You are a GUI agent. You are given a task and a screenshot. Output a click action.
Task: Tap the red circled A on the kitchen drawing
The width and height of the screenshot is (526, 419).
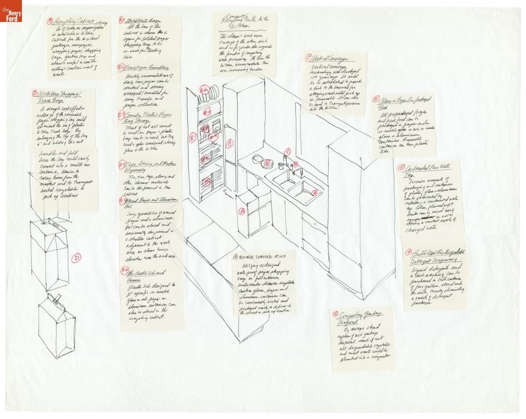tap(241, 211)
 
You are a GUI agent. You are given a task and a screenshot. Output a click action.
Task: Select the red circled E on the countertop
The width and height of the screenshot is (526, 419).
tap(266, 163)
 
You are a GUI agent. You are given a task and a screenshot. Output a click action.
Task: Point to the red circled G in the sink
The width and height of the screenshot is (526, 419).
tap(314, 193)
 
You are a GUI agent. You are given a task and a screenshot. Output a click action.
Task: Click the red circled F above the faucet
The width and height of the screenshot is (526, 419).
tap(288, 152)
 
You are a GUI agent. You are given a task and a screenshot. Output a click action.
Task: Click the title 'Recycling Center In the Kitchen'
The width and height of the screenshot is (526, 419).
tap(245, 19)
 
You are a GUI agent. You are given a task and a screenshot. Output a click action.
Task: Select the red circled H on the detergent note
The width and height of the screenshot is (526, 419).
tap(409, 253)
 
